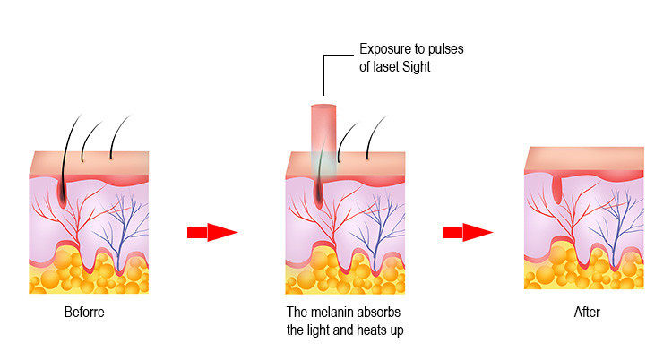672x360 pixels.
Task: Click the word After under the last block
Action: (x=586, y=313)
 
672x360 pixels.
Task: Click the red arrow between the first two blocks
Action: (x=211, y=233)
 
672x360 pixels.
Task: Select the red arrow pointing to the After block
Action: (x=467, y=233)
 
